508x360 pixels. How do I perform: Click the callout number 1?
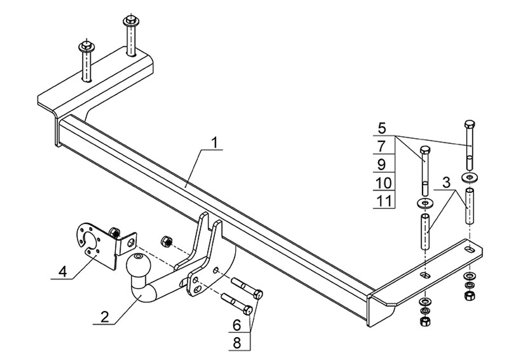214,142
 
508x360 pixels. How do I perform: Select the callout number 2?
105,317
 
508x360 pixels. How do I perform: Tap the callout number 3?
447,183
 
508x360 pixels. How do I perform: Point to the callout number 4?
62,271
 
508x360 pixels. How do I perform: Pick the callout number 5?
383,128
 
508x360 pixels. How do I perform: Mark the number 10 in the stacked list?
384,183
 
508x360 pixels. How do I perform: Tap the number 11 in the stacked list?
384,201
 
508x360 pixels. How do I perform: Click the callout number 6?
237,325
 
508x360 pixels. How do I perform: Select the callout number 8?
237,343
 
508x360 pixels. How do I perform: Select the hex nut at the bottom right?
468,295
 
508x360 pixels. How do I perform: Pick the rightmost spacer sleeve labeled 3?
470,205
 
